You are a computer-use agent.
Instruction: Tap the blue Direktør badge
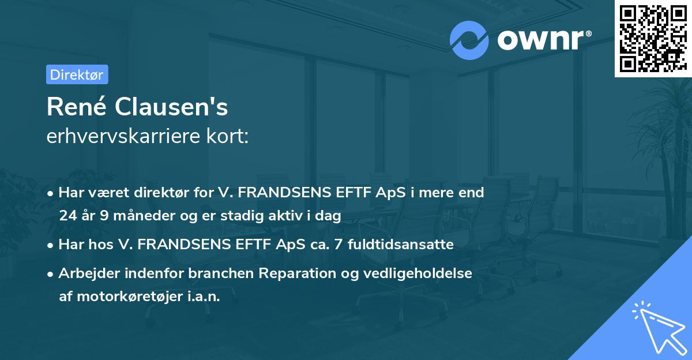click(77, 74)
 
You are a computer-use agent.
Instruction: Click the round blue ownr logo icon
click(469, 40)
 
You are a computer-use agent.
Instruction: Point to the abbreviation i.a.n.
click(204, 297)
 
